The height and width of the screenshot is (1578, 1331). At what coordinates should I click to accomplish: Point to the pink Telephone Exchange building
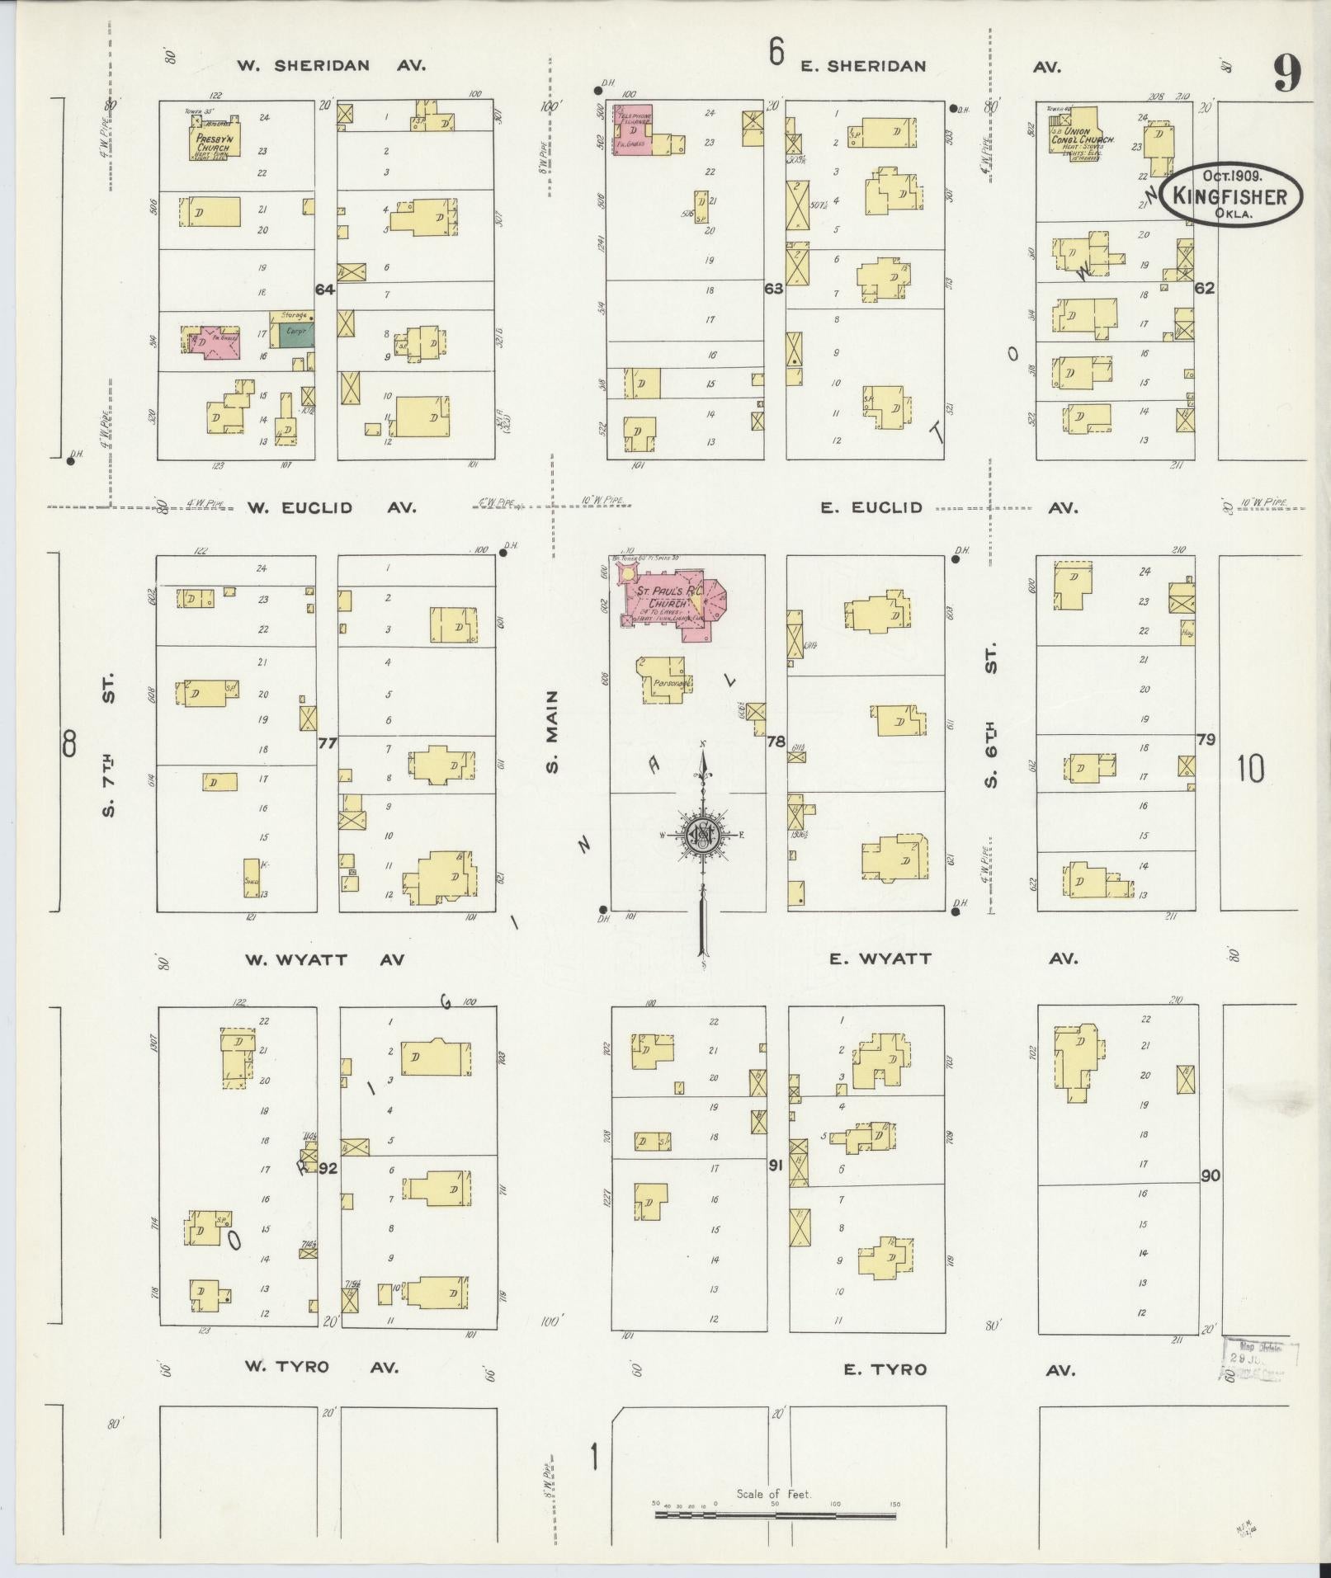(x=634, y=129)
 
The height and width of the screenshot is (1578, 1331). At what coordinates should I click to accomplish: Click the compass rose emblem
(x=702, y=836)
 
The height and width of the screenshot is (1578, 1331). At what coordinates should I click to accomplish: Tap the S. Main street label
(x=553, y=731)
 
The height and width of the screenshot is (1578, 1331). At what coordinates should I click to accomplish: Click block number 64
(x=325, y=289)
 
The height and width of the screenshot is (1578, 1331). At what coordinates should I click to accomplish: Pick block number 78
(x=775, y=742)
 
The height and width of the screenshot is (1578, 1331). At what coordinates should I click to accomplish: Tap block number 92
(x=328, y=1167)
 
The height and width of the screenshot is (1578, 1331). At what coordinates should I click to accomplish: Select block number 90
(x=1210, y=1175)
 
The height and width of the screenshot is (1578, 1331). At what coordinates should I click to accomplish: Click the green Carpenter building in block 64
(x=296, y=333)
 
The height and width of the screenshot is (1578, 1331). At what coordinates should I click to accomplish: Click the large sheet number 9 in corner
(x=1286, y=74)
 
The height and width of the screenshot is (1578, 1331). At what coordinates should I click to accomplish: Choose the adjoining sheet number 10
(x=1251, y=769)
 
